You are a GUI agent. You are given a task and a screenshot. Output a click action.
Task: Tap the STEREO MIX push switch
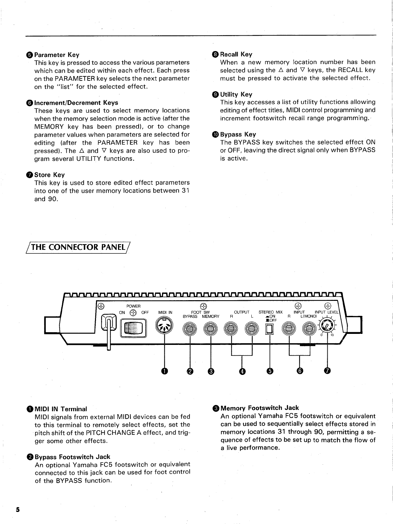click(x=269, y=329)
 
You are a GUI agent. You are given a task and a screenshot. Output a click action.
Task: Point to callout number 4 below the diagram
click(x=242, y=371)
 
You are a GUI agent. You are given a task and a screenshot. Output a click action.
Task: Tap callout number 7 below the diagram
click(x=328, y=371)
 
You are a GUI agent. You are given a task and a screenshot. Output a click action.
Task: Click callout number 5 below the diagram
click(x=270, y=371)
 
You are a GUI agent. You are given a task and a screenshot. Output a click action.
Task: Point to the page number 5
click(x=18, y=510)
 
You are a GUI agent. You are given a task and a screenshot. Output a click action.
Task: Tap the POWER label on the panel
click(x=133, y=306)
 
